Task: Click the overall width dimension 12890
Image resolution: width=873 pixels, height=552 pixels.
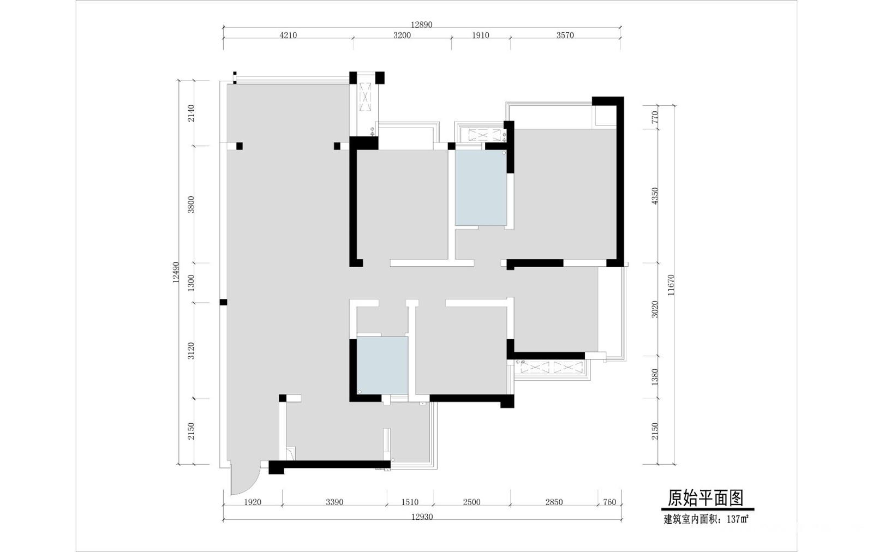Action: click(x=422, y=25)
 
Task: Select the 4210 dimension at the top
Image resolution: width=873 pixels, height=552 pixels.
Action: click(x=288, y=35)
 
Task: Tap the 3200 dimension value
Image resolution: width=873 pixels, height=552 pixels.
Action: click(x=402, y=35)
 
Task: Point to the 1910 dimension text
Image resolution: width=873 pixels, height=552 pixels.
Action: click(x=481, y=35)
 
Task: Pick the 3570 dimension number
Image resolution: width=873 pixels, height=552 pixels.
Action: click(x=565, y=35)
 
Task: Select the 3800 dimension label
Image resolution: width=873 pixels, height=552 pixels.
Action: click(x=190, y=204)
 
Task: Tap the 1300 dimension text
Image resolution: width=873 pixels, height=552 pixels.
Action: click(x=190, y=283)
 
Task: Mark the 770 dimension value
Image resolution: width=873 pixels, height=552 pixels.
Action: click(x=654, y=117)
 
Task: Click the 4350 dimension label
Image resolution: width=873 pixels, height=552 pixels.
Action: click(x=654, y=196)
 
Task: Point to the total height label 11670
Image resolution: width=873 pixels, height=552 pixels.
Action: click(x=671, y=285)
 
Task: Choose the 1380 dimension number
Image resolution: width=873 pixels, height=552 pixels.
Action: click(x=654, y=377)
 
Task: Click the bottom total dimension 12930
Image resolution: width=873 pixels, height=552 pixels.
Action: click(x=422, y=517)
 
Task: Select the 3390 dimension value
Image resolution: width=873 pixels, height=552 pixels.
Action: click(x=334, y=502)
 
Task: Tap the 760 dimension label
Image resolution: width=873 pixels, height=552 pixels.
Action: click(x=609, y=502)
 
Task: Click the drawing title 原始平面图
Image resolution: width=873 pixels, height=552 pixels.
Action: click(x=706, y=498)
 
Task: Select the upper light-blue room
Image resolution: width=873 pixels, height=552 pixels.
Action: click(x=481, y=188)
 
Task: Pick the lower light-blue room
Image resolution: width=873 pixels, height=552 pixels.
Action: click(x=382, y=365)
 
